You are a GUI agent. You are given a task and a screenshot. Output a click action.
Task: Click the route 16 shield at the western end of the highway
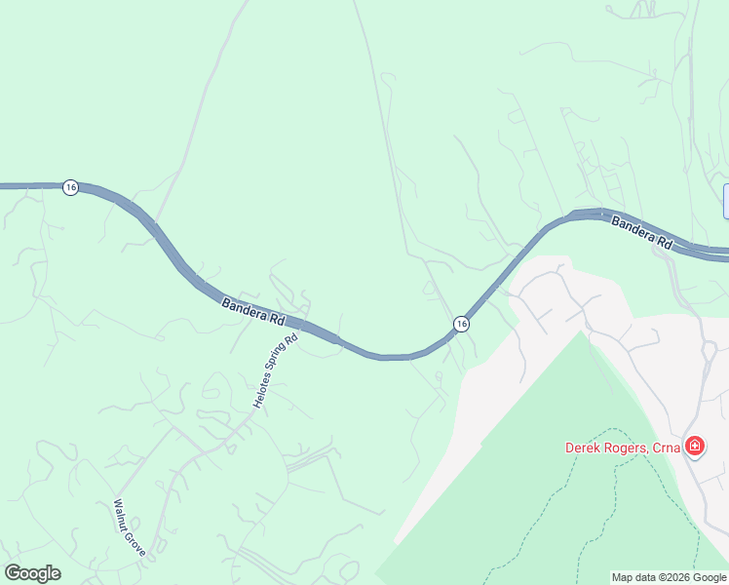point(70,187)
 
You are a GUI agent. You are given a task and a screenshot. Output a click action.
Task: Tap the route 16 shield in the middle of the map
point(461,324)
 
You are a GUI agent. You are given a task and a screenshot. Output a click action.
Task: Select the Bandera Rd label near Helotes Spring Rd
point(252,312)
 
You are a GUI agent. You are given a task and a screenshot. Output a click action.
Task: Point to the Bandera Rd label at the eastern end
point(642,233)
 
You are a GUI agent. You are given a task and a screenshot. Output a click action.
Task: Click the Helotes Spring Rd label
point(275,372)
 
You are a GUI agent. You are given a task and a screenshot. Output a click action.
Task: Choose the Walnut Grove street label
point(129,528)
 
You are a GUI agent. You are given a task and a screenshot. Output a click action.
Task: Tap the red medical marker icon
point(695,447)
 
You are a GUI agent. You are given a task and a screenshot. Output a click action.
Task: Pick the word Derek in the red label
point(583,448)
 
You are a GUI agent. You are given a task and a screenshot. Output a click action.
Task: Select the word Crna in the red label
point(669,448)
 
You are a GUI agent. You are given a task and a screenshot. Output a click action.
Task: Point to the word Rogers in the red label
point(627,448)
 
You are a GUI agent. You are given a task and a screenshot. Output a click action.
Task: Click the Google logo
point(32,573)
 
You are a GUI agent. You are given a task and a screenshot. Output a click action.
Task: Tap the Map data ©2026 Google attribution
point(668,577)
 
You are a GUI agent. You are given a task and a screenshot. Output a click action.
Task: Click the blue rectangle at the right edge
point(725,201)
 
